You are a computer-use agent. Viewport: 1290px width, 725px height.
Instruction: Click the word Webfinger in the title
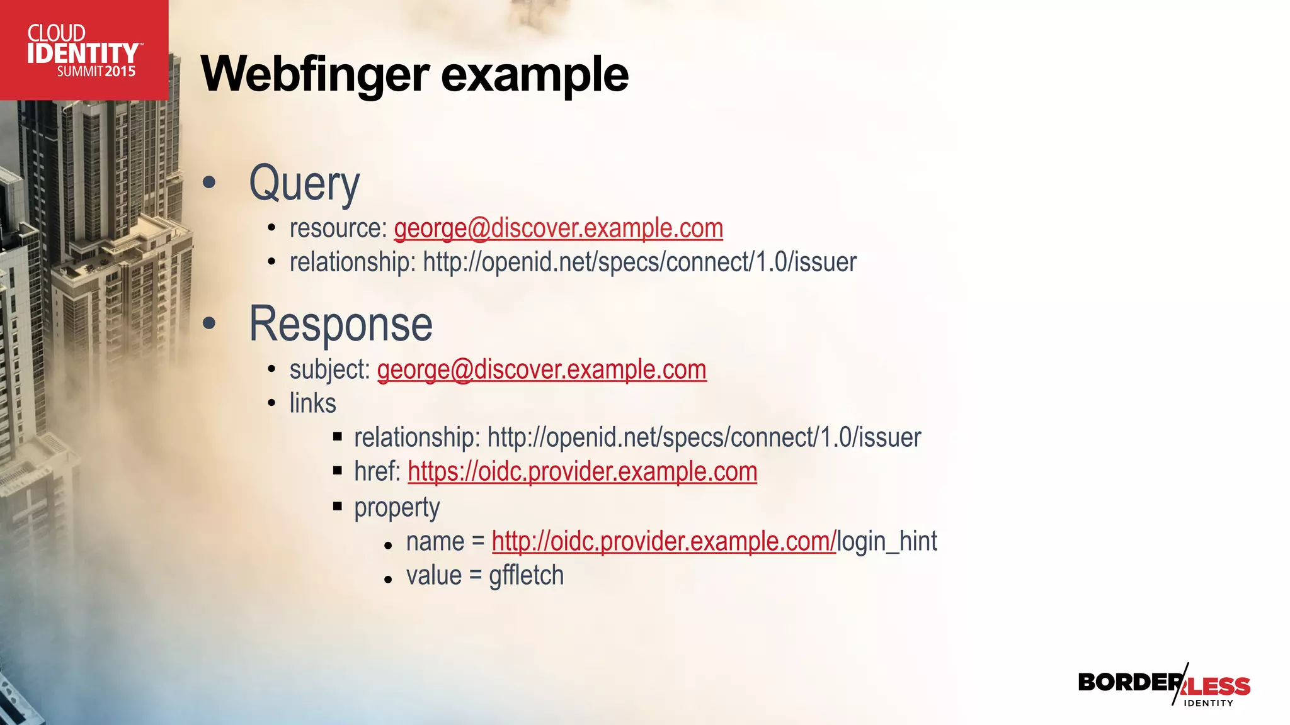(315, 74)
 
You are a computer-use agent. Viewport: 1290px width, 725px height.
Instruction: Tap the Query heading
(304, 183)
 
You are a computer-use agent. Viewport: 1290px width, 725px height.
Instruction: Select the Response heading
(341, 324)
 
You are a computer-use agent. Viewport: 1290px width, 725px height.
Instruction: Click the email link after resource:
(558, 228)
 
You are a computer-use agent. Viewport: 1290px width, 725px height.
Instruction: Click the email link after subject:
(542, 369)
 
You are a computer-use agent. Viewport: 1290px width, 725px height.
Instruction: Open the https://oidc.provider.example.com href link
(582, 471)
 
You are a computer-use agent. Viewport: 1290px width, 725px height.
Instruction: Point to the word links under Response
(312, 403)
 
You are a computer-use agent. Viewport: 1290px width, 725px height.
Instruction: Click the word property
(397, 507)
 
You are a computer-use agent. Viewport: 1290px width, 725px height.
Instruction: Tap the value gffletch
(526, 575)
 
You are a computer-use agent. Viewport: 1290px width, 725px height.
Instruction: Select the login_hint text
(887, 541)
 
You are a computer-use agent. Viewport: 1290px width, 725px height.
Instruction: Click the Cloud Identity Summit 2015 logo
(84, 50)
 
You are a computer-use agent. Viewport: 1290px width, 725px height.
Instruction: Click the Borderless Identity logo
(1164, 685)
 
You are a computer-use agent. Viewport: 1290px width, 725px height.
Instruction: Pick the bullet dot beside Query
(209, 183)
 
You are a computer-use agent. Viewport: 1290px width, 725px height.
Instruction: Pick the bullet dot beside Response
(209, 324)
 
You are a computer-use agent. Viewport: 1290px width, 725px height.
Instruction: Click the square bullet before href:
(338, 470)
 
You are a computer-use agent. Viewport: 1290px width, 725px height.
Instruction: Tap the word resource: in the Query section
(338, 228)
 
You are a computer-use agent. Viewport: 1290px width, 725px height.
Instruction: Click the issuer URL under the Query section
(639, 262)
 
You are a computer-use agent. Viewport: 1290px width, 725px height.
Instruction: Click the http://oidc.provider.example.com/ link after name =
(663, 541)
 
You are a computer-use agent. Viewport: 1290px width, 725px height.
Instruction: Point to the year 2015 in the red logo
(120, 72)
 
